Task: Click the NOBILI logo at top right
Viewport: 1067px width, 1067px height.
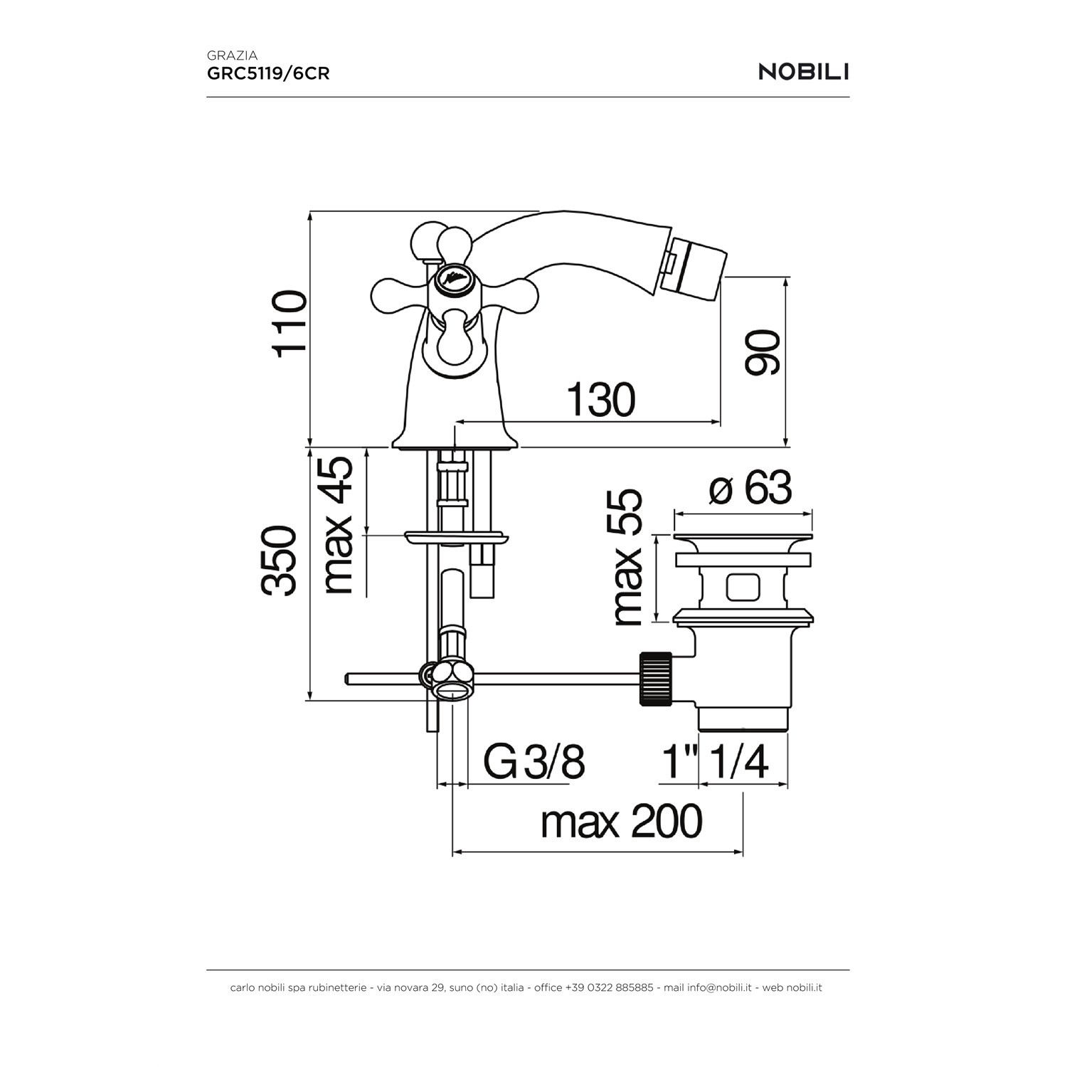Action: tap(804, 72)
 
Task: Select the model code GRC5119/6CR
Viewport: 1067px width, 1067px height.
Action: tap(268, 73)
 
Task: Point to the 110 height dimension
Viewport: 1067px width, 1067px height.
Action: tap(292, 320)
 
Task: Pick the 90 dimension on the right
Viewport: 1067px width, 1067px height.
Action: tap(763, 352)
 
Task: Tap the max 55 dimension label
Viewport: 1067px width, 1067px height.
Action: tap(627, 558)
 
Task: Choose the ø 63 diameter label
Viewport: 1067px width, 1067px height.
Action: tap(750, 489)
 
